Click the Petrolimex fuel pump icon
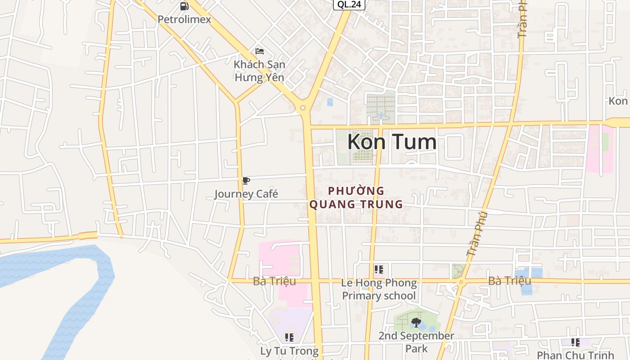[x=184, y=6]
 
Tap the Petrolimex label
[x=184, y=20]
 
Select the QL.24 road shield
[x=349, y=4]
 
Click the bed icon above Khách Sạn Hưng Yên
[x=259, y=51]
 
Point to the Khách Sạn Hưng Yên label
[x=259, y=71]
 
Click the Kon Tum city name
[x=391, y=142]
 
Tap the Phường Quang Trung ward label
[x=355, y=198]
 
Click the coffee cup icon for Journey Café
[x=246, y=181]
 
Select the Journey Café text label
[x=246, y=194]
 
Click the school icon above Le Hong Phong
[x=378, y=270]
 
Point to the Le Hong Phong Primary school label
[x=379, y=289]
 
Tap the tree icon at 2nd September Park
[x=416, y=322]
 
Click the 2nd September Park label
[x=416, y=342]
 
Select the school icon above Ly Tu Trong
[x=289, y=337]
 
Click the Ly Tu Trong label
[x=289, y=351]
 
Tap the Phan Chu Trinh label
[x=575, y=355]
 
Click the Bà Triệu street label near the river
[x=274, y=281]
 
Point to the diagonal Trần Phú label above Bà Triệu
[x=477, y=234]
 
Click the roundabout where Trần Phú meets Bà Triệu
[x=461, y=282]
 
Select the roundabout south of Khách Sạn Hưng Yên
[x=303, y=108]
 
